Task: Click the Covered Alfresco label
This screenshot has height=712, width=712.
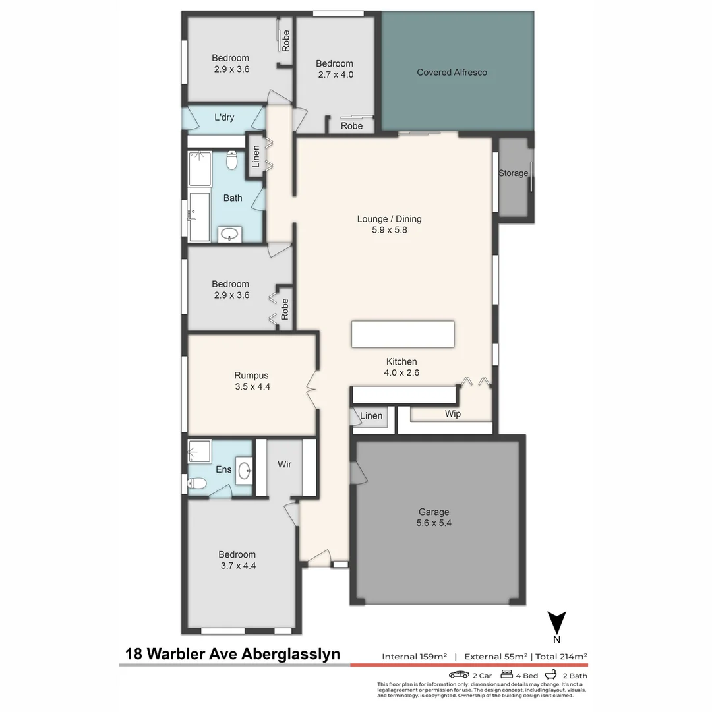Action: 452,73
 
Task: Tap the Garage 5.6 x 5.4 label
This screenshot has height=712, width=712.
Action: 434,518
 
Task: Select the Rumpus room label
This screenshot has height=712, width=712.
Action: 252,376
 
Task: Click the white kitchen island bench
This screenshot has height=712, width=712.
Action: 403,334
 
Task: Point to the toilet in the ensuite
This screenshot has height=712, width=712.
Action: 197,484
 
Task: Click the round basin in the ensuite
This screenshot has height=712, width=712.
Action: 245,470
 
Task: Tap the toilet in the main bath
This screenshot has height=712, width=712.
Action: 231,160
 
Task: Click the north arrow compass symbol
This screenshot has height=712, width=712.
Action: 557,623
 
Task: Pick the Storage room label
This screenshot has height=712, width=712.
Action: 513,173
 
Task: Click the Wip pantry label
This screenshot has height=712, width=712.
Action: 452,415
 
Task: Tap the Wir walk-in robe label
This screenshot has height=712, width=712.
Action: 284,464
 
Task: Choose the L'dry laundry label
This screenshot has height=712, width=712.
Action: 224,118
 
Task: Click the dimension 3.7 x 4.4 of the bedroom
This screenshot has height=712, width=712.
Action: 237,566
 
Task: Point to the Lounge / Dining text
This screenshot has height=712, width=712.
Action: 389,219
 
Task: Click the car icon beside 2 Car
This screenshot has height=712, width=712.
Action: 459,674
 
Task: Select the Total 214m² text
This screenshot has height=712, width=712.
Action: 561,657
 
